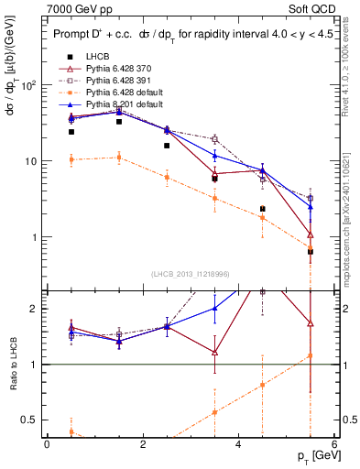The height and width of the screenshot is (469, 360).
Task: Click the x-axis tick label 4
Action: [x=238, y=444]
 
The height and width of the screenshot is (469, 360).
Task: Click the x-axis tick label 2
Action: [x=143, y=444]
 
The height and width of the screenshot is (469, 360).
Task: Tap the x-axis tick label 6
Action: [x=334, y=444]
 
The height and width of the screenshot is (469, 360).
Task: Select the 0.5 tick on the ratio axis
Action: [x=30, y=420]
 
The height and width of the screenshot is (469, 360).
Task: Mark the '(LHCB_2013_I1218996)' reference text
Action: [x=191, y=272]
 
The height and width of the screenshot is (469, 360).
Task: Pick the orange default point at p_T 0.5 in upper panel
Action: [x=71, y=159]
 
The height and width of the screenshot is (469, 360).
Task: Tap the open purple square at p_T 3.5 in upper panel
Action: [x=214, y=139]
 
